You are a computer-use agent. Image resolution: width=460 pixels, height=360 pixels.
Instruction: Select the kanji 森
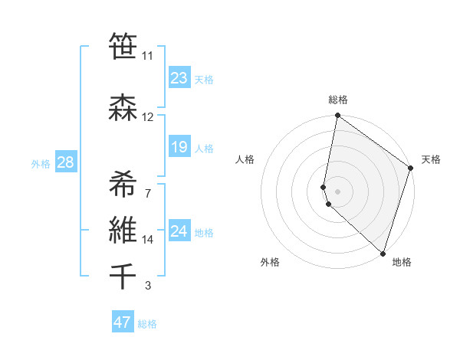[x=123, y=107]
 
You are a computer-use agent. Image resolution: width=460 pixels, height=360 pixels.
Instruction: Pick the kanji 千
[x=123, y=276]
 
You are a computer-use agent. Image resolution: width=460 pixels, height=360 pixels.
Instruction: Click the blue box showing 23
[x=179, y=78]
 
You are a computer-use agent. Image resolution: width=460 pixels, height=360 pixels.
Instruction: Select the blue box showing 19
[x=179, y=147]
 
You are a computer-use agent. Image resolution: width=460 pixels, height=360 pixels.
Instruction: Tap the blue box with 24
[x=179, y=232]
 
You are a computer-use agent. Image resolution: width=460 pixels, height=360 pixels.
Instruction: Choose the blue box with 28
[x=65, y=162]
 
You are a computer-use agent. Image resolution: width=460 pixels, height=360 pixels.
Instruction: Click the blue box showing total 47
[x=123, y=322]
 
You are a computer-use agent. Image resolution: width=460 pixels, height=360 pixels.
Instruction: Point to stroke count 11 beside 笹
[x=147, y=56]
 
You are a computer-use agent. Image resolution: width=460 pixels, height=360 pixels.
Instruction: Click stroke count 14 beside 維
[x=148, y=240]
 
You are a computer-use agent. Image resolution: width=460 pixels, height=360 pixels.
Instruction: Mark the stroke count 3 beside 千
[x=148, y=286]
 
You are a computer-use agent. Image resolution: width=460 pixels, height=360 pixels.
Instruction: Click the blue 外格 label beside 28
[x=41, y=163]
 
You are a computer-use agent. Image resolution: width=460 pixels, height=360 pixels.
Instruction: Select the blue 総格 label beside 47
[x=147, y=324]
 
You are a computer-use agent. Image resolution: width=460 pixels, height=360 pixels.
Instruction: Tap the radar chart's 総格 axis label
[x=338, y=100]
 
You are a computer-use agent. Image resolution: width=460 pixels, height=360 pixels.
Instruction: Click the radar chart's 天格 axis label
[x=432, y=159]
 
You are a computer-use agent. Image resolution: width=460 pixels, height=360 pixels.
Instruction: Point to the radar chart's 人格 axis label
[x=245, y=159]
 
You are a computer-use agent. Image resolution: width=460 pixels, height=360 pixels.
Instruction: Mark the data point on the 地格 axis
[x=383, y=253]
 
